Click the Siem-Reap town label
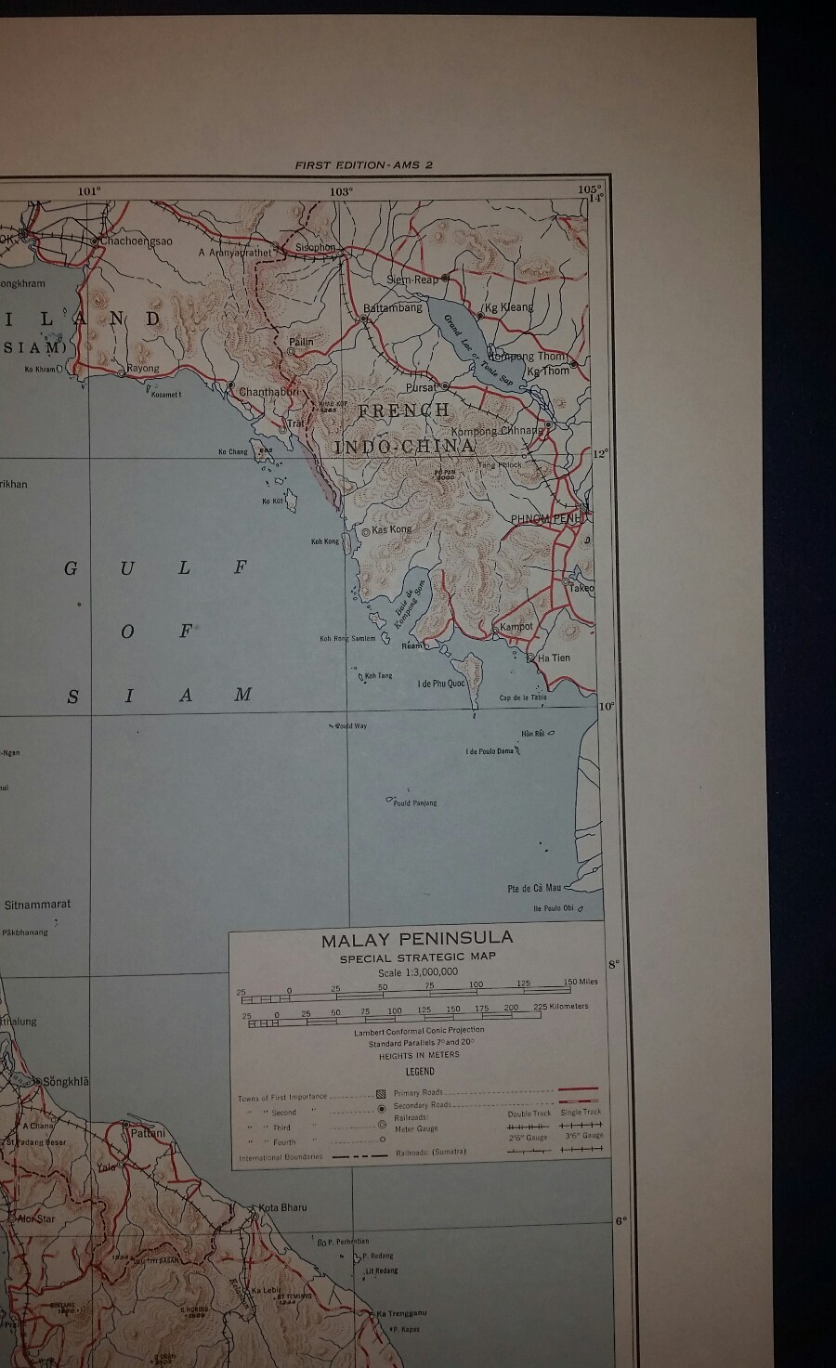click(x=411, y=280)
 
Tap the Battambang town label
click(x=392, y=307)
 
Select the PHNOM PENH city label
click(x=545, y=518)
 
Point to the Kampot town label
click(x=516, y=627)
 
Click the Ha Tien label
click(x=555, y=658)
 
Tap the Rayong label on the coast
click(x=143, y=368)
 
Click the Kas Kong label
click(x=392, y=529)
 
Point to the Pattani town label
click(x=149, y=1133)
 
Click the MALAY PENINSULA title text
click(x=417, y=939)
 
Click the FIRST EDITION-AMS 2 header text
click(x=363, y=165)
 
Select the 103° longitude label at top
click(x=341, y=191)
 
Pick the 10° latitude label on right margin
click(x=606, y=707)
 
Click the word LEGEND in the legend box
click(x=419, y=1071)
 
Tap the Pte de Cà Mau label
click(x=534, y=889)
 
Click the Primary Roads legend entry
click(x=418, y=1093)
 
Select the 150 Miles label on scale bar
click(x=581, y=982)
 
